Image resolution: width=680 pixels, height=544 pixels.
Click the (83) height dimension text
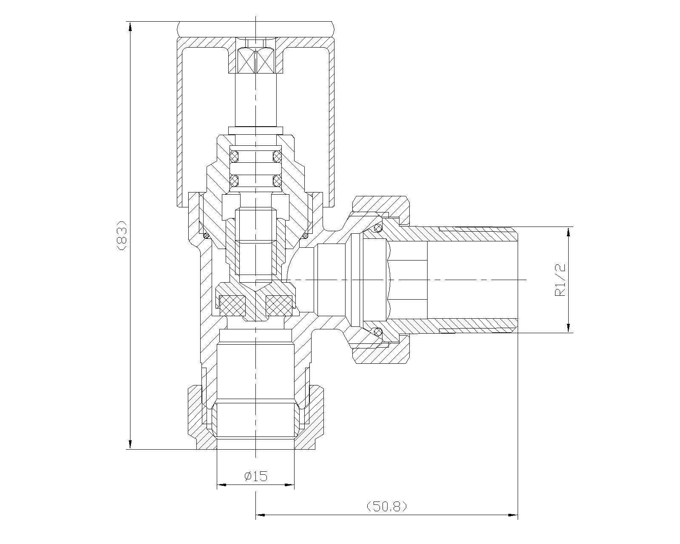(122, 235)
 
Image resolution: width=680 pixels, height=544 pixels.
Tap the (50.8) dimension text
(387, 506)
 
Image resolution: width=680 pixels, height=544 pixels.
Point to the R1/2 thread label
(560, 280)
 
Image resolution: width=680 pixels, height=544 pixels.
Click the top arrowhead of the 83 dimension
(130, 27)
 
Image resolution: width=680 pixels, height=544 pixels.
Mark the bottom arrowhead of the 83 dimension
(130, 443)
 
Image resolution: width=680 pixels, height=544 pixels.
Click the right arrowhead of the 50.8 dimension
(512, 515)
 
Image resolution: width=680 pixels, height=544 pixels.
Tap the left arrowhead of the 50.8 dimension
(261, 515)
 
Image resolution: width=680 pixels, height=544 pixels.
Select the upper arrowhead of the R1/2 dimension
(569, 232)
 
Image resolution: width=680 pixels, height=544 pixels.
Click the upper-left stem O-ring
(234, 155)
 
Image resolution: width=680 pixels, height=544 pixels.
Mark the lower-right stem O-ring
(278, 181)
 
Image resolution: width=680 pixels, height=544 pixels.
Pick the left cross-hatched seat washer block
(233, 305)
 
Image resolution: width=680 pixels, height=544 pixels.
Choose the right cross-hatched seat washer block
(279, 305)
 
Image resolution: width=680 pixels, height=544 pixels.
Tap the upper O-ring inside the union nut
(377, 228)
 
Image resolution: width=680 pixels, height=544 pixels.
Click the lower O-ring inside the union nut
(377, 331)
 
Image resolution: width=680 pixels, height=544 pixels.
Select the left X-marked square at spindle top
(246, 62)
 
